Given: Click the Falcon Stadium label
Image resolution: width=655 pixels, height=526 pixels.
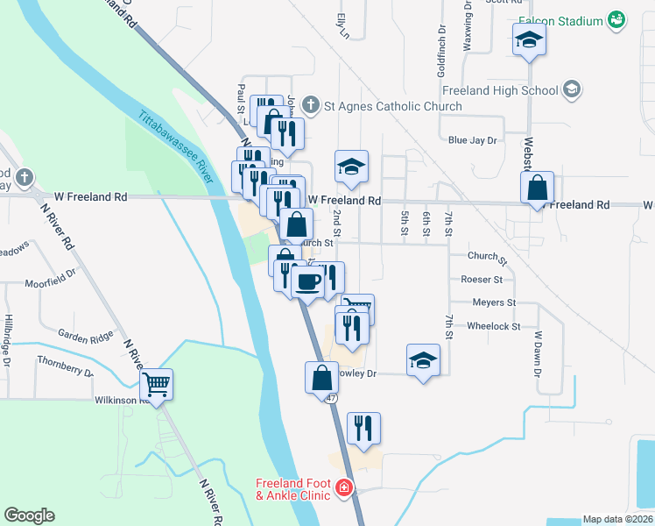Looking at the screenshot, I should click(x=560, y=20).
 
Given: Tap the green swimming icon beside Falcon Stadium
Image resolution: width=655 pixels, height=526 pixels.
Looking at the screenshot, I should click(x=616, y=19).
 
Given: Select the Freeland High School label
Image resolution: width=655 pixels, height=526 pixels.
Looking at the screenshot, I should click(x=500, y=90).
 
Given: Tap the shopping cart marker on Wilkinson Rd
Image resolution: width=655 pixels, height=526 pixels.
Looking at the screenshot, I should click(x=156, y=383).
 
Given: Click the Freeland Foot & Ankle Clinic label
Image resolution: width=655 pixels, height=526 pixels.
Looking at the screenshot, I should click(x=292, y=489).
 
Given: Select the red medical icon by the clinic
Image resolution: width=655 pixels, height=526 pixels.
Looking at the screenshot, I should click(x=345, y=487).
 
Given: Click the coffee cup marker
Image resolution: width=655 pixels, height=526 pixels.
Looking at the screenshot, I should click(x=308, y=281).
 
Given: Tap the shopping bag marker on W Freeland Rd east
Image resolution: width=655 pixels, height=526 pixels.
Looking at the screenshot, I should click(x=536, y=187).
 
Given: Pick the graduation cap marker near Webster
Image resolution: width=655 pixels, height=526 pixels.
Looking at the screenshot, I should click(x=529, y=39).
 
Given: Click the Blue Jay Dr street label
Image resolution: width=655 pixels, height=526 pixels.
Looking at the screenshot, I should click(x=472, y=140).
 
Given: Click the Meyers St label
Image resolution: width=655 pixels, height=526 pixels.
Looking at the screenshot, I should click(x=494, y=302).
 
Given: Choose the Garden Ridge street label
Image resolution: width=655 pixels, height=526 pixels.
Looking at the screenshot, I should click(x=86, y=335).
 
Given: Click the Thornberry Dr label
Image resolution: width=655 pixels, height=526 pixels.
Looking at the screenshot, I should click(x=66, y=366).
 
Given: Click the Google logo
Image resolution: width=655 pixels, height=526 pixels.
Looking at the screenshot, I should click(x=29, y=515).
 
